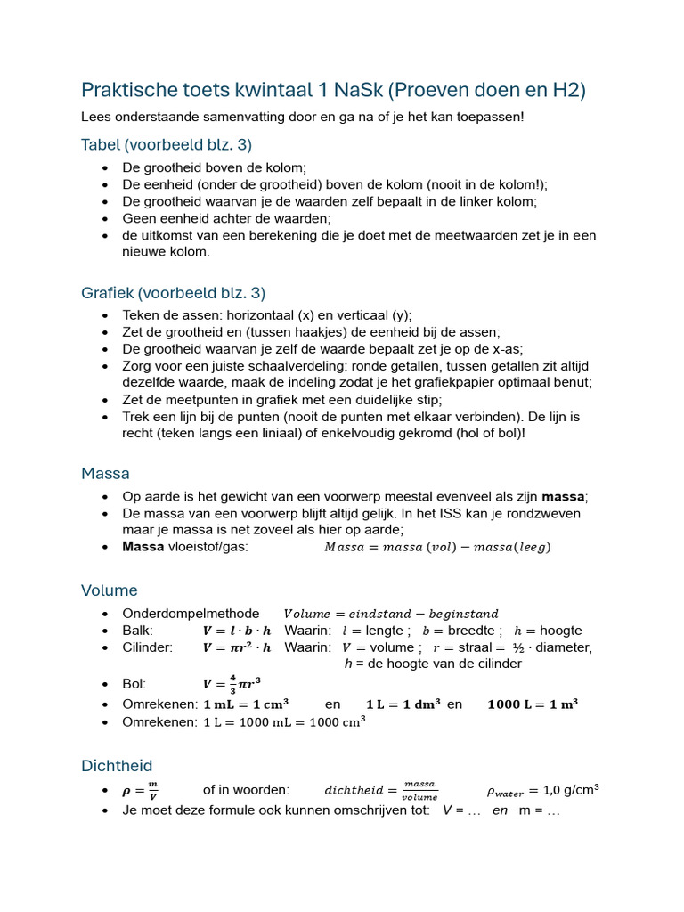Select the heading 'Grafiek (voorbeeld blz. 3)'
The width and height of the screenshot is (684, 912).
coord(173,292)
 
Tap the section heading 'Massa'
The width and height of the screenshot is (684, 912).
coord(105,473)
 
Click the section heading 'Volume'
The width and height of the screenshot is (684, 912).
coord(110,590)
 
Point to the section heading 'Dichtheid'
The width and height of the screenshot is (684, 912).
coord(117,765)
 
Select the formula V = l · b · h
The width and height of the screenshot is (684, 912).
coord(237,631)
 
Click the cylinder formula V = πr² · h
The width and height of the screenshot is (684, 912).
coord(237,647)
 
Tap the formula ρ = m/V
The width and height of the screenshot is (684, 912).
coord(140,790)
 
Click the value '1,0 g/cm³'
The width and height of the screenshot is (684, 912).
coord(570,790)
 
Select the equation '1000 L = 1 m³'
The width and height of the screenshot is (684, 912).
coord(533,704)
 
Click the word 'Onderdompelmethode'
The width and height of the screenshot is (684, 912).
coord(191,613)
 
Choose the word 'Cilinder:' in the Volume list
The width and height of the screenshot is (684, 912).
coord(148,647)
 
